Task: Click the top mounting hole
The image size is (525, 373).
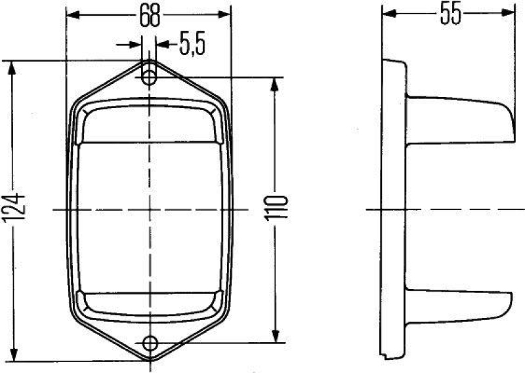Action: point(150,77)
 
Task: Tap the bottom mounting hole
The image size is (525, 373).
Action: point(150,342)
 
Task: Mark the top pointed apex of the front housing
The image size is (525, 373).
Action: point(150,61)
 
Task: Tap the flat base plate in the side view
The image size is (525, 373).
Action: point(394,210)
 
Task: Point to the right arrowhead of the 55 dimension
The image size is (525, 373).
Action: point(511,12)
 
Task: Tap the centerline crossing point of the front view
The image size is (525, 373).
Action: point(150,210)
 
